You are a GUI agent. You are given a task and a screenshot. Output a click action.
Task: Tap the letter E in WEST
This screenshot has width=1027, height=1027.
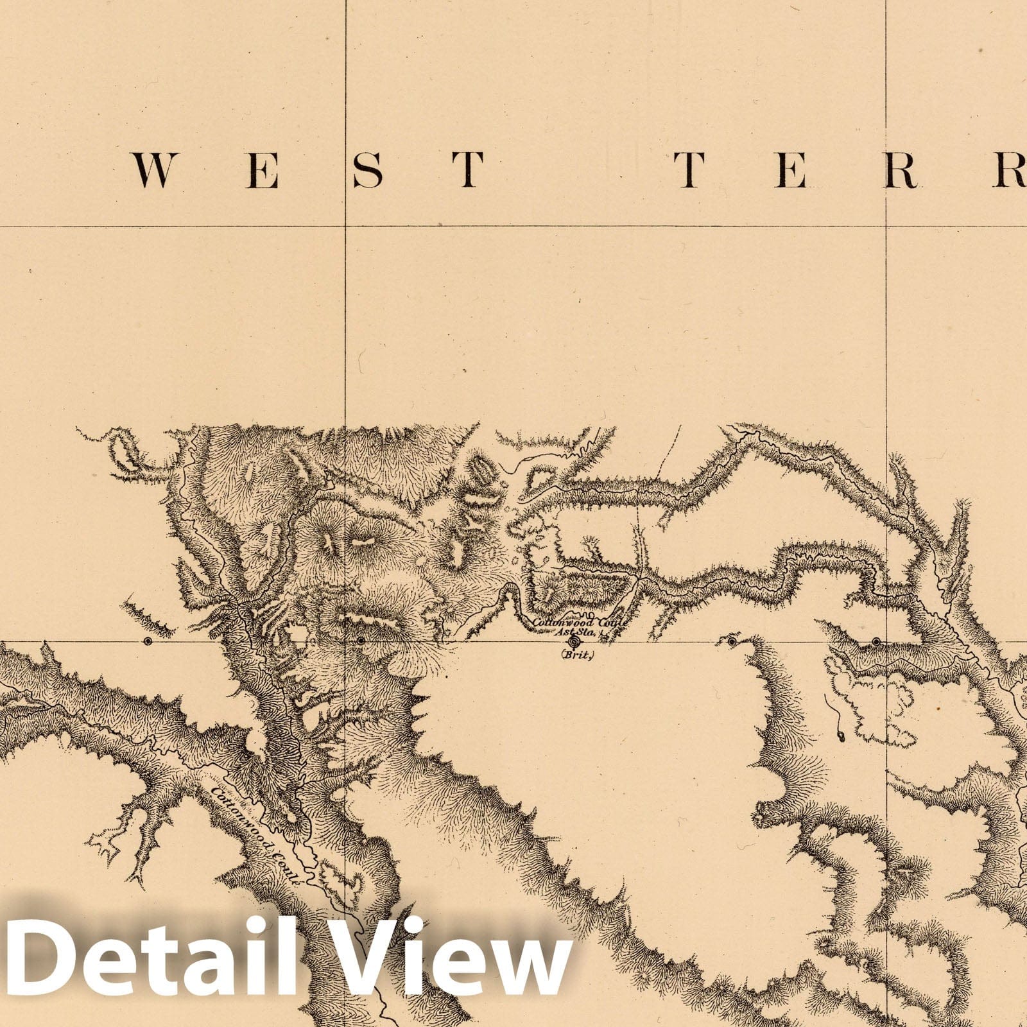point(263,171)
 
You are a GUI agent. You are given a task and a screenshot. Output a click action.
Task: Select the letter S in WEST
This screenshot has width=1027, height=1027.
point(367,171)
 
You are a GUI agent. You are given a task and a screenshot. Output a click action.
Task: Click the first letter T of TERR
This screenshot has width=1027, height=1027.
point(689,171)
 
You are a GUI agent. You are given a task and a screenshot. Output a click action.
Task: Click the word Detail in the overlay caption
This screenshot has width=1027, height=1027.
point(150,960)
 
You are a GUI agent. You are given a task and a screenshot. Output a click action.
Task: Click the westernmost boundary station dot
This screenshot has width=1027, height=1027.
point(148,641)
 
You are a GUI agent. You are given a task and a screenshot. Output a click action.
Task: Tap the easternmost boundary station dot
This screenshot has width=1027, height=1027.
point(876,641)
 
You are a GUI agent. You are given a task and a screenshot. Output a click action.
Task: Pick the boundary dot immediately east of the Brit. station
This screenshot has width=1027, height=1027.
point(732,641)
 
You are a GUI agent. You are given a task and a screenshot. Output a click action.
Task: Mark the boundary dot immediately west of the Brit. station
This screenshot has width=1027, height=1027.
point(361,641)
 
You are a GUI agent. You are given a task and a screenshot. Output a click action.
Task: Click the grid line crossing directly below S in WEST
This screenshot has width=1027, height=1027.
point(346,227)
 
